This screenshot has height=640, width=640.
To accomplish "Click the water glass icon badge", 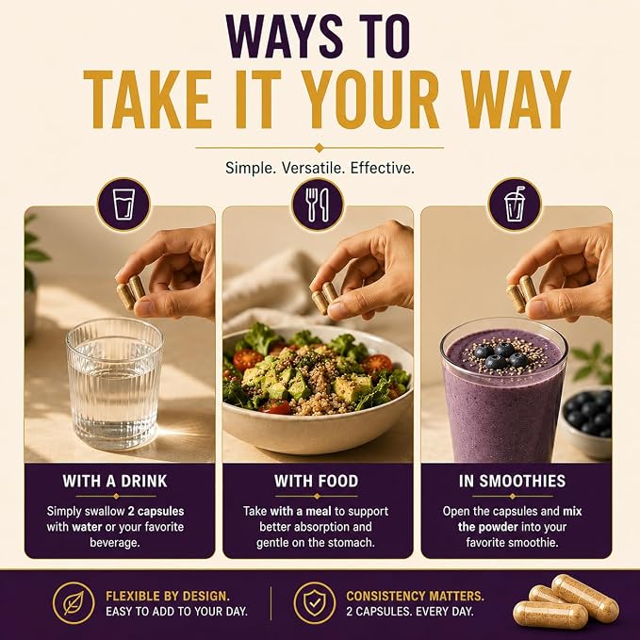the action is (x=123, y=205).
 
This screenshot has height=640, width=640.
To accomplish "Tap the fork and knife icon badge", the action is (x=318, y=205).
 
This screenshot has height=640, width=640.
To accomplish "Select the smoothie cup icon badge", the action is (x=515, y=205).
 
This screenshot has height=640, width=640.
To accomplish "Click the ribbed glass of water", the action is (x=114, y=384).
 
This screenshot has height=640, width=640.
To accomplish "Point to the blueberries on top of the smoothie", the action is (x=501, y=355).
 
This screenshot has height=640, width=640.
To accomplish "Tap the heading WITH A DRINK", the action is (x=115, y=482).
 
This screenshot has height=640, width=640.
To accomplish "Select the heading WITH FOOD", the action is (x=317, y=482).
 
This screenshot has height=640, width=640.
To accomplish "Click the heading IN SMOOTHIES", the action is (x=512, y=482).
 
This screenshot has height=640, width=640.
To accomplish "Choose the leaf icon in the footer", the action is (x=74, y=603).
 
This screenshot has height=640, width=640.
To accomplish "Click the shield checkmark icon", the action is (x=315, y=603).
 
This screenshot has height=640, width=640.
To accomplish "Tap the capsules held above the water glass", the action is (x=131, y=291).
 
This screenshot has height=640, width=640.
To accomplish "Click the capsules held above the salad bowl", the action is (x=325, y=297).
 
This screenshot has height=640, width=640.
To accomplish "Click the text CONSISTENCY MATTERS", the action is (x=415, y=597).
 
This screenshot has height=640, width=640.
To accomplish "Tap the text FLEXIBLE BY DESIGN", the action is (x=168, y=597).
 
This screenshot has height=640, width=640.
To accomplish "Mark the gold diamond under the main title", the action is (x=320, y=148).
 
